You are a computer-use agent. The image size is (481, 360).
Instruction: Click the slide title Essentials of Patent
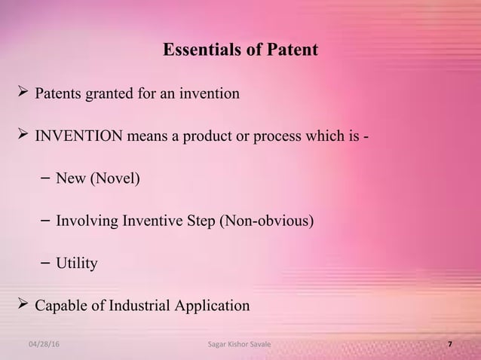240,51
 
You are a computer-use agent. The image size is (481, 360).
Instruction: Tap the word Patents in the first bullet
60,94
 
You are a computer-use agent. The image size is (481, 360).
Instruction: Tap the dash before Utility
44,263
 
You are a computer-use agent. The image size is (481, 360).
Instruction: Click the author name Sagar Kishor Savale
240,344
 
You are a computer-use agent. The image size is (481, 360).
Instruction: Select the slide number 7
450,344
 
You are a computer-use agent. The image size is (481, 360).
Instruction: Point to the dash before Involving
44,221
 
